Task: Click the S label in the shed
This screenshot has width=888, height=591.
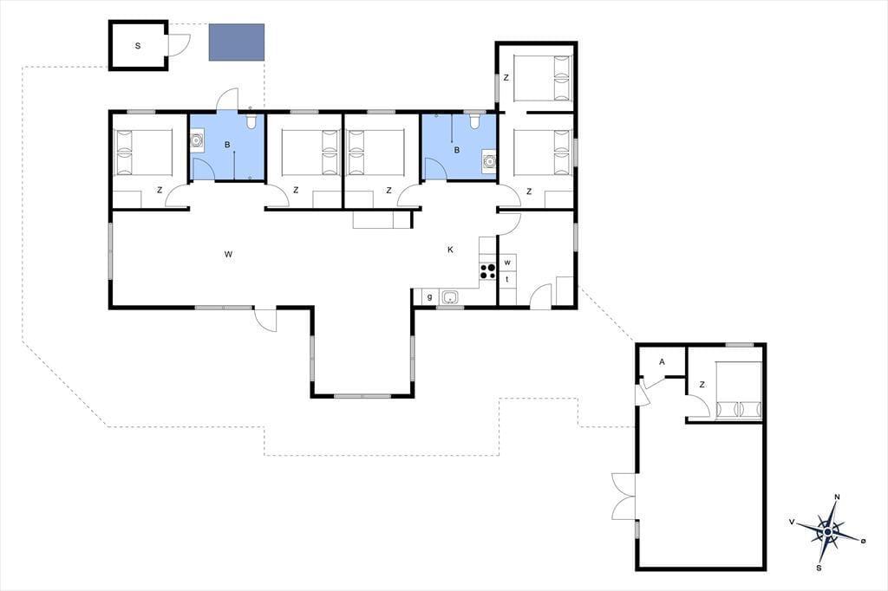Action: tap(138, 46)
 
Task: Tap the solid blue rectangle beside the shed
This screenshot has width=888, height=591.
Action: tap(237, 42)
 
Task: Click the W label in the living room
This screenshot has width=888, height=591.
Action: tap(228, 254)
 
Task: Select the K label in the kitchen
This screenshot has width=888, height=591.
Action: tap(451, 250)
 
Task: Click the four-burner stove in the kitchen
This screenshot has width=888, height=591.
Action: tap(487, 271)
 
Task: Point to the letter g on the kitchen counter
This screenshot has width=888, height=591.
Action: tap(430, 296)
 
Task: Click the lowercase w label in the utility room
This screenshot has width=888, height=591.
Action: tap(507, 262)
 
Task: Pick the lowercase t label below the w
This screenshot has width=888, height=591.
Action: tap(507, 279)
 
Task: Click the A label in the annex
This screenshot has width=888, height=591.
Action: tap(662, 362)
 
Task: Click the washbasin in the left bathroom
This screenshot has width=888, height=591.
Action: tap(197, 140)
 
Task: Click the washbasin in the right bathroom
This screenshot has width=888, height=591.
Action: tap(489, 162)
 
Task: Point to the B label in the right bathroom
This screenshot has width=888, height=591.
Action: tap(456, 150)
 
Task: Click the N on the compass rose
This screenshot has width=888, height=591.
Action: tap(837, 497)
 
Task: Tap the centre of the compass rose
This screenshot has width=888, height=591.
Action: tap(828, 532)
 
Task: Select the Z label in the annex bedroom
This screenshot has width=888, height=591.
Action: tap(702, 385)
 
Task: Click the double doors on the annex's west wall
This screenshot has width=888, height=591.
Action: tap(624, 496)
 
